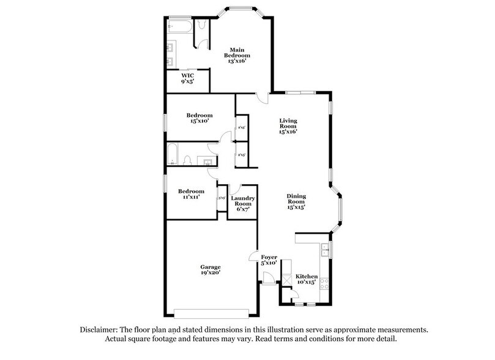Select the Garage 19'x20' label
[210, 271]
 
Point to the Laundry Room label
[243, 204]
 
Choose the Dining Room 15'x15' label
[296, 201]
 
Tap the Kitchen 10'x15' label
[307, 279]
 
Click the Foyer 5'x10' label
[269, 260]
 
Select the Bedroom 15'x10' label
[199, 118]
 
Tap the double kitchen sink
[326, 249]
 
